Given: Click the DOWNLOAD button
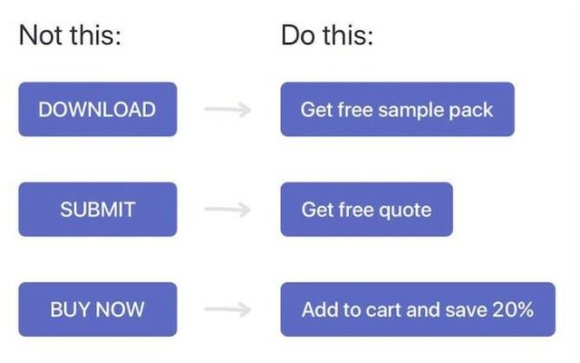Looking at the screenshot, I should [97, 109].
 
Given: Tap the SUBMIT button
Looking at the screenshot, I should [97, 210].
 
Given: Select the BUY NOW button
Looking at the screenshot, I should [97, 310].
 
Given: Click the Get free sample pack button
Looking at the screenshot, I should [397, 109].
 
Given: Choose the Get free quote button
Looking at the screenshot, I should [366, 210].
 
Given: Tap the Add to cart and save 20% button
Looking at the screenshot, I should [417, 310].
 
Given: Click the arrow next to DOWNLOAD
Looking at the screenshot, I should [227, 109].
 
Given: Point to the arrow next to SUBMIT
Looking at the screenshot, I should [227, 210].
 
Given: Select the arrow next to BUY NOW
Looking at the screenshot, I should [227, 310].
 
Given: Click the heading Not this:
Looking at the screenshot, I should [71, 36].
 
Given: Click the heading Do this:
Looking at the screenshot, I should [326, 36].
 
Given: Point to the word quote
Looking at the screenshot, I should [406, 211].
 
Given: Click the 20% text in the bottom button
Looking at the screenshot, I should [514, 310].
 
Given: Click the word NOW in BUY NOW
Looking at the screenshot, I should [123, 310].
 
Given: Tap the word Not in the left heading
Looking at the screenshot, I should [37, 36].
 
